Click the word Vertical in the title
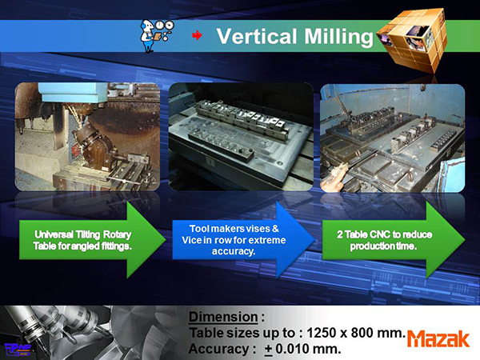coord(257,36)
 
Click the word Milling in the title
coord(338,38)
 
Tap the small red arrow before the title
coord(197,35)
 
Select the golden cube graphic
coord(412,40)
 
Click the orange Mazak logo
coord(438,339)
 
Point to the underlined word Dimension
coord(223,317)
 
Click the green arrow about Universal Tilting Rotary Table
coord(93,240)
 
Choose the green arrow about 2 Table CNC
coord(394,240)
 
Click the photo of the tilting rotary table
coord(87,137)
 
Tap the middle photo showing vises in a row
coord(242,137)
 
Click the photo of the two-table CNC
coord(393,138)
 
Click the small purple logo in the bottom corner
coord(18,350)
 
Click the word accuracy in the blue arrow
coord(234,252)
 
